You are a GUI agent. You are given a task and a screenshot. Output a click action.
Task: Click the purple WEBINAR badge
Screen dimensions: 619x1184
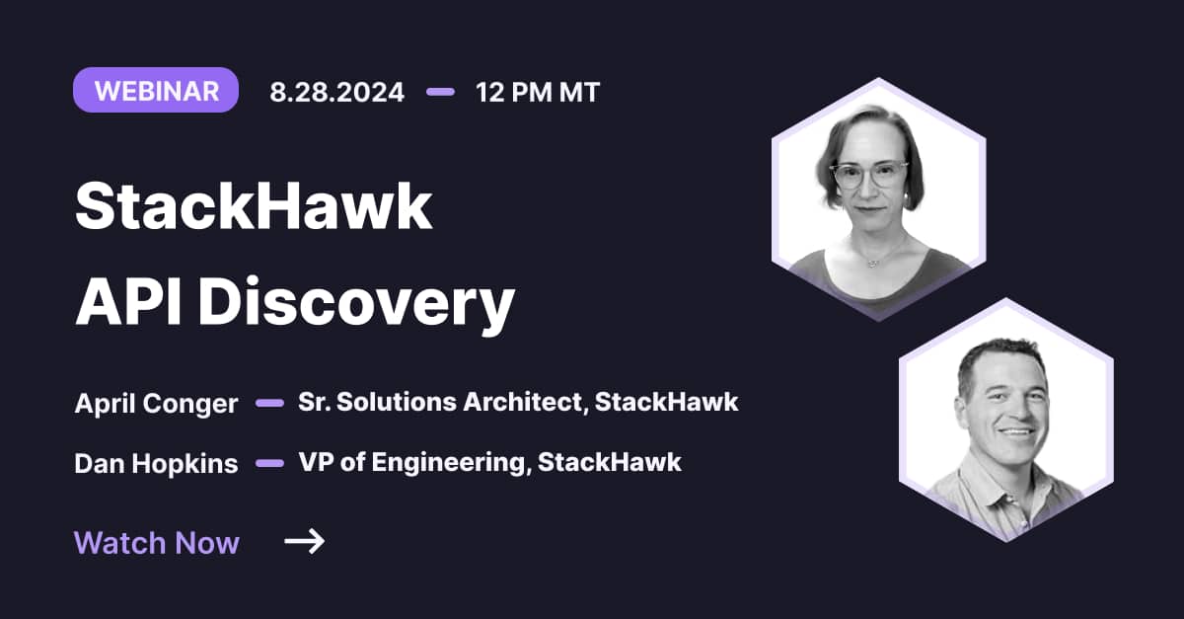[156, 91]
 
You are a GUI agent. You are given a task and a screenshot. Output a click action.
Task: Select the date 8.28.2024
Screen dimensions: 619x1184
[336, 92]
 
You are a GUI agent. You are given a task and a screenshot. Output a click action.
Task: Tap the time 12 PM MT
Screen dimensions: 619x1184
[537, 92]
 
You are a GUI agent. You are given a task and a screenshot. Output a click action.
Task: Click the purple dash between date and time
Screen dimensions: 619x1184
[440, 92]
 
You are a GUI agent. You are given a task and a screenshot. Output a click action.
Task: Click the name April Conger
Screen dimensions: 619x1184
[156, 404]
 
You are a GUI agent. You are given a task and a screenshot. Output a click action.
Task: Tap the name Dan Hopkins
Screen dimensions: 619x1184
[156, 463]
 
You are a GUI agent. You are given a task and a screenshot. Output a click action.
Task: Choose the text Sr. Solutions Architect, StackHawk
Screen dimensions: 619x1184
[518, 403]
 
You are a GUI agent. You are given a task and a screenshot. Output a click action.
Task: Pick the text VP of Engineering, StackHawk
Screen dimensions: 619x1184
[489, 462]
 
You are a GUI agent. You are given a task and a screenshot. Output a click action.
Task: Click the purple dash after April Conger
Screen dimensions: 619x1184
[269, 403]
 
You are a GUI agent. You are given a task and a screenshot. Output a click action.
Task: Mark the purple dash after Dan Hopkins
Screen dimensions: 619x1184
[269, 462]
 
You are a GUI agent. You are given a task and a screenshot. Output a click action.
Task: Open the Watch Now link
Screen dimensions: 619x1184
[157, 542]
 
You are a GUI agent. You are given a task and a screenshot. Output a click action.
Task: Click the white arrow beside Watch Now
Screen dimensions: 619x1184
[304, 541]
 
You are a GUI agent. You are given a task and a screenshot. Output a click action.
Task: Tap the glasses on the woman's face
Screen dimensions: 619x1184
[868, 176]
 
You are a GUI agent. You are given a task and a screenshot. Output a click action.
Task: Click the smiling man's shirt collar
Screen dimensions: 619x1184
[987, 479]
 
